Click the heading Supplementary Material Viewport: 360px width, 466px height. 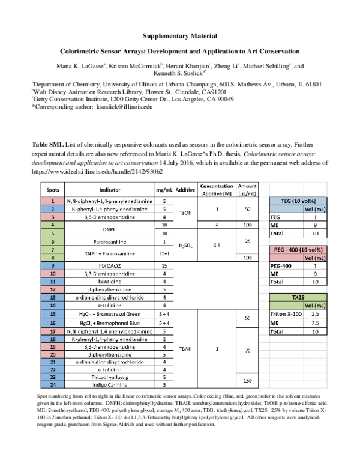180,37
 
